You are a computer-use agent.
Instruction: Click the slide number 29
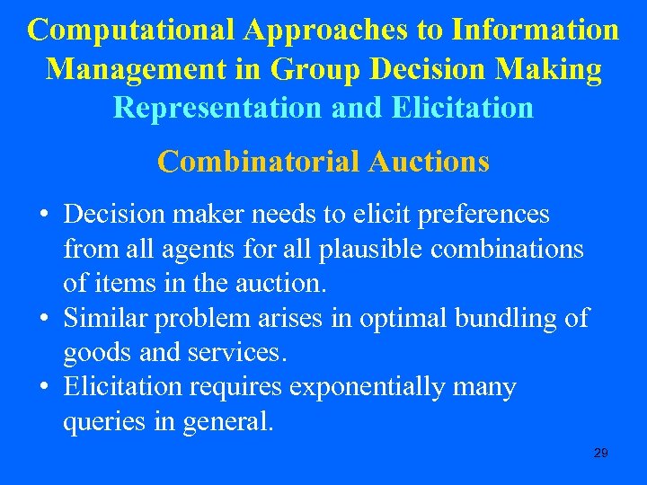[601, 454]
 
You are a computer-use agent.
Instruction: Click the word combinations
[507, 249]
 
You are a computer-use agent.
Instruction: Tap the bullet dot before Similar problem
[43, 319]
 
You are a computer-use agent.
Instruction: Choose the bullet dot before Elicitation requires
[43, 388]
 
